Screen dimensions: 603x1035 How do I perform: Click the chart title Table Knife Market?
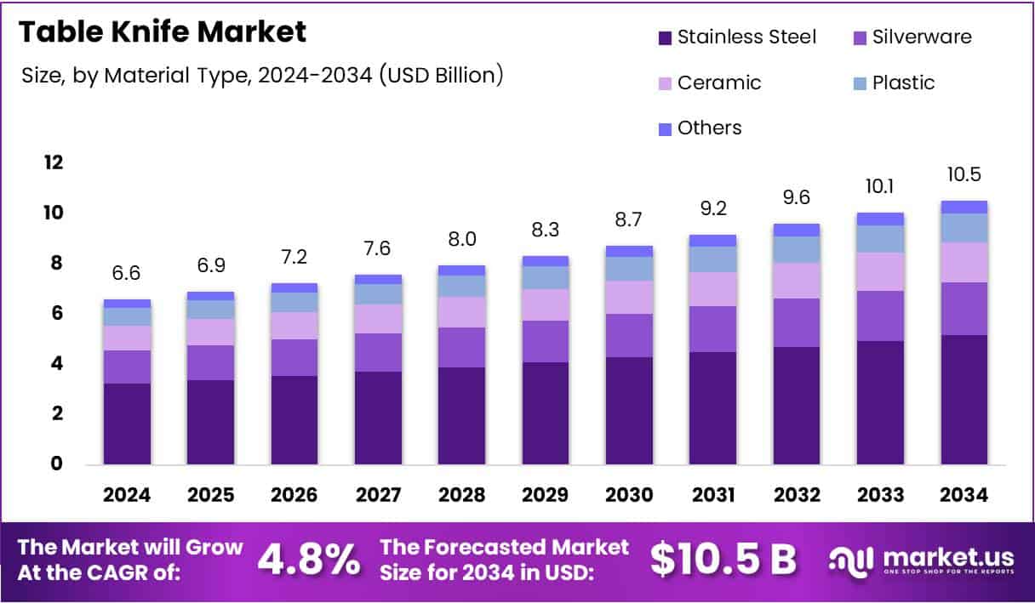(x=162, y=32)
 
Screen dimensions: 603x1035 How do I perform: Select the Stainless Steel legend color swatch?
(x=665, y=37)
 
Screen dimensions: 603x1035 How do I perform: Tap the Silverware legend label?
(x=922, y=37)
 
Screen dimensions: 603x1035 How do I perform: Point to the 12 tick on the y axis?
(x=54, y=162)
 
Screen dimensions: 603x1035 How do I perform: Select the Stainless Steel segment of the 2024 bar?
(x=126, y=424)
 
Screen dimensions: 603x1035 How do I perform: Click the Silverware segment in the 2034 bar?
(x=964, y=309)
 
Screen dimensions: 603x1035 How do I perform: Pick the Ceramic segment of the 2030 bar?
(x=629, y=298)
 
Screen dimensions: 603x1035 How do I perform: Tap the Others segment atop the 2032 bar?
(x=796, y=230)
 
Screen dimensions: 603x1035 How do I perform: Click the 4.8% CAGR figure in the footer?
(x=308, y=560)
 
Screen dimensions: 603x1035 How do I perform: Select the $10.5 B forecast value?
(x=723, y=560)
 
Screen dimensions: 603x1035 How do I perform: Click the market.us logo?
(x=922, y=560)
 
